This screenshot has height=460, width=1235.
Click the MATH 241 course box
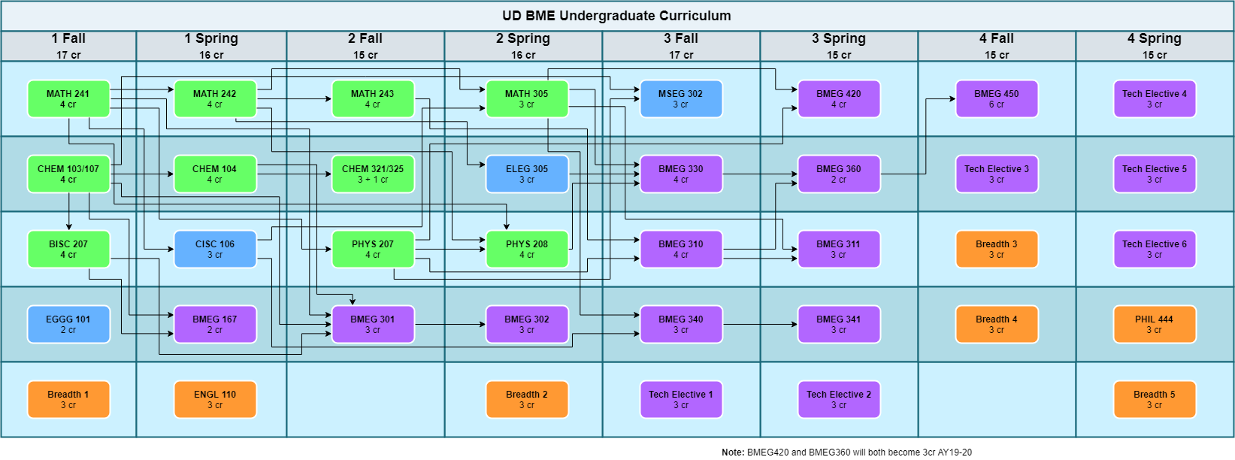[68, 99]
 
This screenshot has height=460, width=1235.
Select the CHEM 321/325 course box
[373, 174]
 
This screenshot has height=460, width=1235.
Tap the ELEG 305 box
[527, 174]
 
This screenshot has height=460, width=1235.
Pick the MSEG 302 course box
[681, 99]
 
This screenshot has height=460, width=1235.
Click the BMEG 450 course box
[997, 99]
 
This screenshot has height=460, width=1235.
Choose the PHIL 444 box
[1155, 325]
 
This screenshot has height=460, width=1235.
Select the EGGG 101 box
[68, 325]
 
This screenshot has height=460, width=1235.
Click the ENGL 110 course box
[215, 400]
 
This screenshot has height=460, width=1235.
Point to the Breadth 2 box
[527, 400]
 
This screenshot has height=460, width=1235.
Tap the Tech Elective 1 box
[681, 400]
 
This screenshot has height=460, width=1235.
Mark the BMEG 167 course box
[215, 325]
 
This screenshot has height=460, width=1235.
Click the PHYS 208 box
[527, 250]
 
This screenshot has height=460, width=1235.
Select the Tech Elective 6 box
[1155, 250]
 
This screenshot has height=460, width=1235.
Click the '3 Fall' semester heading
[681, 38]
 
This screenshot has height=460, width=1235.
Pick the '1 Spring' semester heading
[211, 38]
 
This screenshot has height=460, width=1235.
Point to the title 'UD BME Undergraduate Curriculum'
[616, 16]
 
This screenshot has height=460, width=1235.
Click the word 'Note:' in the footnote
[733, 452]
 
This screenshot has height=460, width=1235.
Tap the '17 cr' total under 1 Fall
[68, 55]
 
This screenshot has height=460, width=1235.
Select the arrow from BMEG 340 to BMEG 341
[759, 325]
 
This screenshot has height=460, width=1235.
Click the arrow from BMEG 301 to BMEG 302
[450, 325]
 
